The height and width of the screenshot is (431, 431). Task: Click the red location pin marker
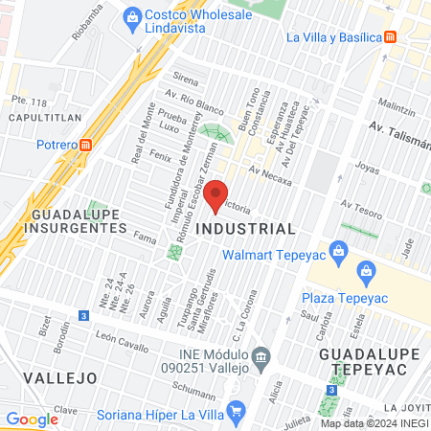[x=216, y=193]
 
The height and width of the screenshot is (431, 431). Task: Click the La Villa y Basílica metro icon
[x=390, y=37]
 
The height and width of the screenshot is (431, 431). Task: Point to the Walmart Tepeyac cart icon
[x=337, y=254]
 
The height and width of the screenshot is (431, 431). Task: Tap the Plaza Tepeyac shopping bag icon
[x=366, y=272]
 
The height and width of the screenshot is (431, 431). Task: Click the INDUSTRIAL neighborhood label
[x=245, y=230]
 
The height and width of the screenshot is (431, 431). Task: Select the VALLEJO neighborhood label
[x=60, y=377]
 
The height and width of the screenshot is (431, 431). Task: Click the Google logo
[x=32, y=419]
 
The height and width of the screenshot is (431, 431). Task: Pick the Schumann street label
[x=195, y=387]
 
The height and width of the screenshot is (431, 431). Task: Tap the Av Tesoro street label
[x=361, y=204]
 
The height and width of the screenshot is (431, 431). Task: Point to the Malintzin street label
[x=397, y=102]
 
